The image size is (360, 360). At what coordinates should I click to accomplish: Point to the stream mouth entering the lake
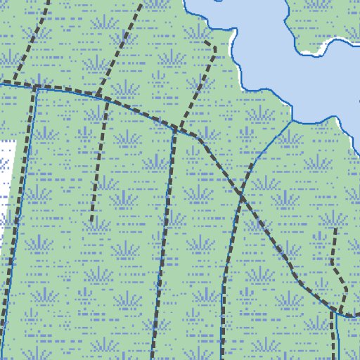point(291,122)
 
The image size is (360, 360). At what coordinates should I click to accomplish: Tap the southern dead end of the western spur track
point(91,220)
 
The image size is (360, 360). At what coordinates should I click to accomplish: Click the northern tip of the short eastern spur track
point(335,229)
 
